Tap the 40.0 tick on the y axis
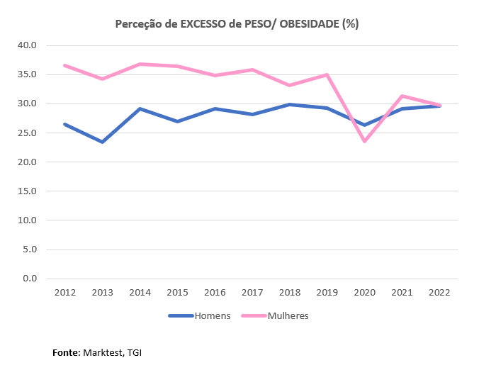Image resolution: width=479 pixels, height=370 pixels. tap(26, 45)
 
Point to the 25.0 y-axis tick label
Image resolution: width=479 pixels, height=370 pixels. tap(26, 133)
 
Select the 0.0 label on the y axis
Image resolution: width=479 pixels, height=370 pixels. tap(29, 278)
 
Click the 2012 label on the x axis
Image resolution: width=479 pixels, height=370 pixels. tap(64, 292)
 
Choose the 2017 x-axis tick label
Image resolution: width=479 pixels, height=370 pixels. tap(252, 292)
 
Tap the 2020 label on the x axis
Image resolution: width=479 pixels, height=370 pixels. tap(365, 292)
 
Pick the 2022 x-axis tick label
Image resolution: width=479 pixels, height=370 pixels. tap(440, 292)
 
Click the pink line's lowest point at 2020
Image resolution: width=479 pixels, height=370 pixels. tap(365, 141)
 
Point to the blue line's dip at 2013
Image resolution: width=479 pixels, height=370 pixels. tap(102, 142)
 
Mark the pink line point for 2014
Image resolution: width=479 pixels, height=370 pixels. tap(140, 64)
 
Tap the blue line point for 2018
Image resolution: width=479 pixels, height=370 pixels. tap(290, 104)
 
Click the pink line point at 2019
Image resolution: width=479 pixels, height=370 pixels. tap(327, 74)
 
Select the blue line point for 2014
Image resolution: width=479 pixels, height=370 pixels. tap(140, 108)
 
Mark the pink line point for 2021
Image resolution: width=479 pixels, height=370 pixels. tap(402, 96)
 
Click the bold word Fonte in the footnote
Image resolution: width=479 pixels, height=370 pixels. tap(66, 352)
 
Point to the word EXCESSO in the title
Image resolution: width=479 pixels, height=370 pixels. tap(205, 24)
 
